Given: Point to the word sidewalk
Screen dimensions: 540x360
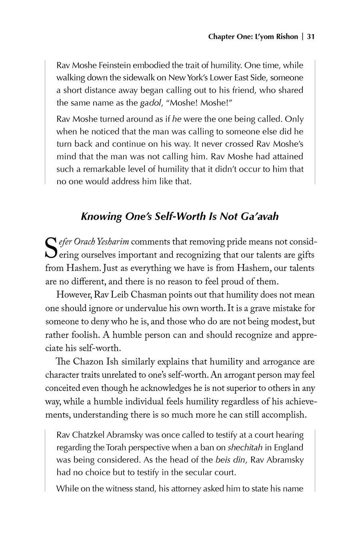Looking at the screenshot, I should click(x=130, y=78).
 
